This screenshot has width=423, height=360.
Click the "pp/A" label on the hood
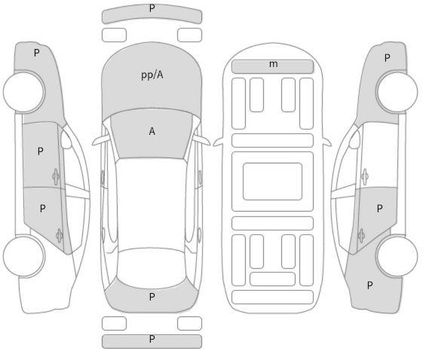pyautogui.click(x=152, y=75)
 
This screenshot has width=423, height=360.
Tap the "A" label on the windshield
pyautogui.click(x=152, y=132)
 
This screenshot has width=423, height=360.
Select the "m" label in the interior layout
pyautogui.click(x=273, y=64)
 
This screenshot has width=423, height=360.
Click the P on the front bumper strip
pyautogui.click(x=152, y=8)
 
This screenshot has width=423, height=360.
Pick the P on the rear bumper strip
pyautogui.click(x=152, y=339)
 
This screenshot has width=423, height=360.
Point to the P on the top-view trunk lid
pyautogui.click(x=152, y=297)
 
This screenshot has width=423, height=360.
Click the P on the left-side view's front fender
pyautogui.click(x=37, y=53)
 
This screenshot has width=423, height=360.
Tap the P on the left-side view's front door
pyautogui.click(x=41, y=151)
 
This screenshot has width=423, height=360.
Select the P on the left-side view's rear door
pyautogui.click(x=43, y=209)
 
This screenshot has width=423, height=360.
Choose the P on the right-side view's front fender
pyautogui.click(x=387, y=58)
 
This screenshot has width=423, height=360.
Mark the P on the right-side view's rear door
pyautogui.click(x=379, y=209)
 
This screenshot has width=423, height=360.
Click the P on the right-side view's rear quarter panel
pyautogui.click(x=370, y=285)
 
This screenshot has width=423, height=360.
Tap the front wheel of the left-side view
pyautogui.click(x=23, y=92)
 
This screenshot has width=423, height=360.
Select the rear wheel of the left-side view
pyautogui.click(x=23, y=256)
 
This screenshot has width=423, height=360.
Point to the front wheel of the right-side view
pyautogui.click(x=397, y=92)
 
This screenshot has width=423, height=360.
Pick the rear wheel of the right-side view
pyautogui.click(x=397, y=256)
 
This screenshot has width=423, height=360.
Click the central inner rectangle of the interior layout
pyautogui.click(x=272, y=182)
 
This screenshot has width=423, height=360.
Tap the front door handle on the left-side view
pyautogui.click(x=56, y=176)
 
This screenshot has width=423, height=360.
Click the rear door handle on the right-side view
pyautogui.click(x=361, y=236)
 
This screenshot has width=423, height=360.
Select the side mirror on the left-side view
pyautogui.click(x=66, y=139)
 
